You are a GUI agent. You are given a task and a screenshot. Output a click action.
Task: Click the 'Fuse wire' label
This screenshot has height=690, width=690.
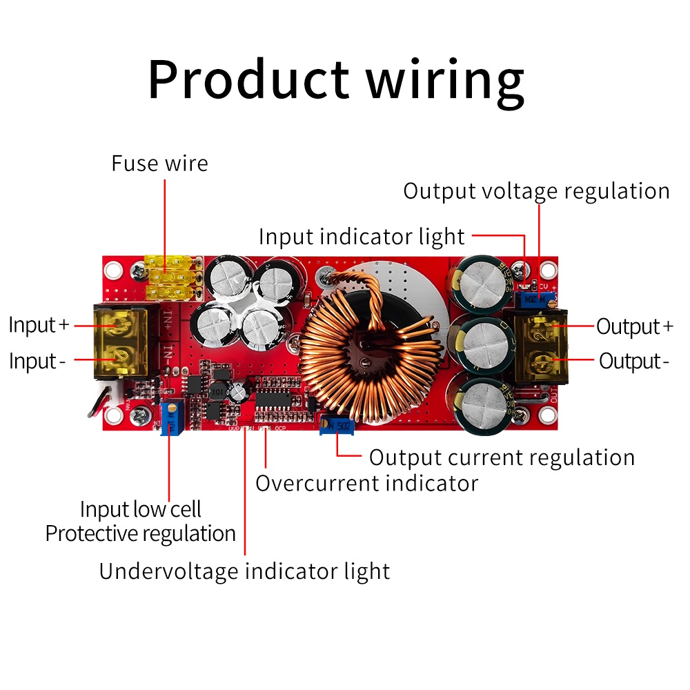tap(159, 164)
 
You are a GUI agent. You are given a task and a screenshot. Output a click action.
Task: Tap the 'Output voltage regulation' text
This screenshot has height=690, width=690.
tap(536, 191)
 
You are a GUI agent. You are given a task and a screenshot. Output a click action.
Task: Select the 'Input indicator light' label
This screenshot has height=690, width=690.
tap(362, 237)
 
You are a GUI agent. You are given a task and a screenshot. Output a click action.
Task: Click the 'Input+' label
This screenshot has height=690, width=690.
tap(39, 325)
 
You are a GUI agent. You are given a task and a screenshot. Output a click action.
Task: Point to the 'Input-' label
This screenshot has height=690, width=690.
tap(38, 361)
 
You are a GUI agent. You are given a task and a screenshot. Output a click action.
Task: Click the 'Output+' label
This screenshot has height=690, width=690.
tap(634, 326)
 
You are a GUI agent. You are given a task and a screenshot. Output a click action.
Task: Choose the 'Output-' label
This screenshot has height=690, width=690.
tap(634, 361)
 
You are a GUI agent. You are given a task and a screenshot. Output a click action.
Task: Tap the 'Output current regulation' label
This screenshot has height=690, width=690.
tap(502, 457)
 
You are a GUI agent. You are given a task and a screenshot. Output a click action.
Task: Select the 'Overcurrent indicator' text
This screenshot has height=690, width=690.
tap(366, 483)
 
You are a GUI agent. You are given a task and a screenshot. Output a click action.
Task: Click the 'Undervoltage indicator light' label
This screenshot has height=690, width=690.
tap(244, 571)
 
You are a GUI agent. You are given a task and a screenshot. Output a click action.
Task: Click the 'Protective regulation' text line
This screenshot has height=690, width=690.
tap(140, 533)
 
